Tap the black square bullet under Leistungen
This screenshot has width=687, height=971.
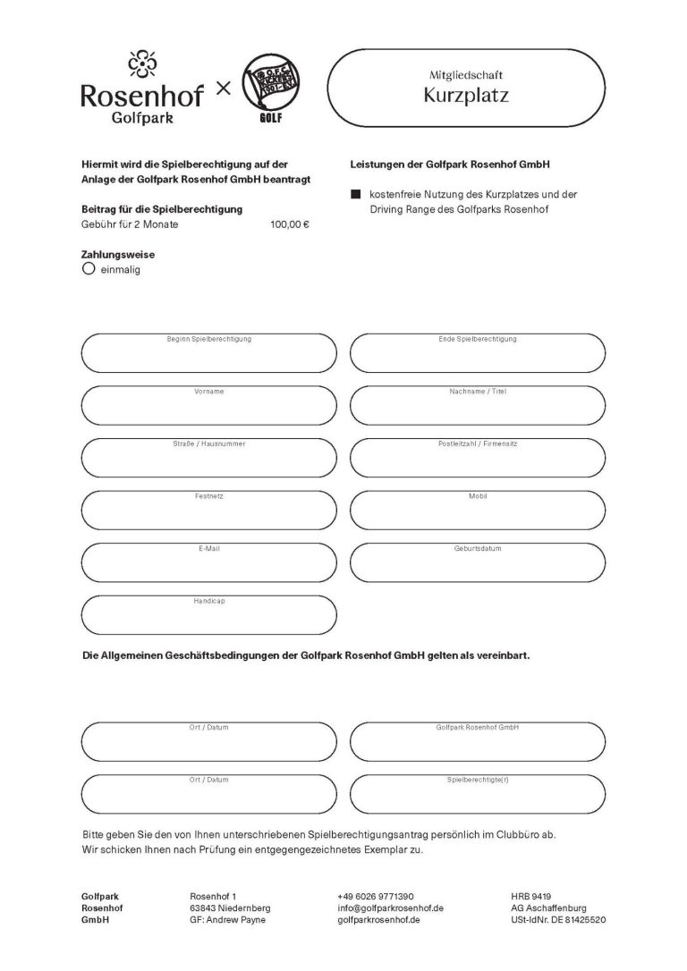click(x=355, y=194)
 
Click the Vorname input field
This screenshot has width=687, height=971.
click(x=208, y=407)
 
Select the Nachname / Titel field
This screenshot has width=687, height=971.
click(x=477, y=407)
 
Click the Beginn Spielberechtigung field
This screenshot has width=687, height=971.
click(x=208, y=354)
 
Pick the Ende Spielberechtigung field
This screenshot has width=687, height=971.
click(x=477, y=354)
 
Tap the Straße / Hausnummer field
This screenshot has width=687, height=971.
click(x=208, y=459)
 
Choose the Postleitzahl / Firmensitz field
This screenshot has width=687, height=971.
click(x=477, y=459)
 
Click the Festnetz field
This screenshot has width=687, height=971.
click(x=208, y=511)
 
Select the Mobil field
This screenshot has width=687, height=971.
click(x=477, y=511)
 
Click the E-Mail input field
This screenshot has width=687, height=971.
click(x=208, y=562)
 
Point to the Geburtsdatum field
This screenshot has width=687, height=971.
click(x=477, y=562)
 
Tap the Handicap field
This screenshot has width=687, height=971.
click(x=208, y=615)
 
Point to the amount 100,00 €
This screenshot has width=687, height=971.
click(x=289, y=224)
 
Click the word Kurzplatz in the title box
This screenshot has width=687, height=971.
click(x=465, y=96)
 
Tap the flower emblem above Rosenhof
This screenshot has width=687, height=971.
click(x=141, y=64)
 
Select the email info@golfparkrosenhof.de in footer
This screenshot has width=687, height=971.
click(x=391, y=908)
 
